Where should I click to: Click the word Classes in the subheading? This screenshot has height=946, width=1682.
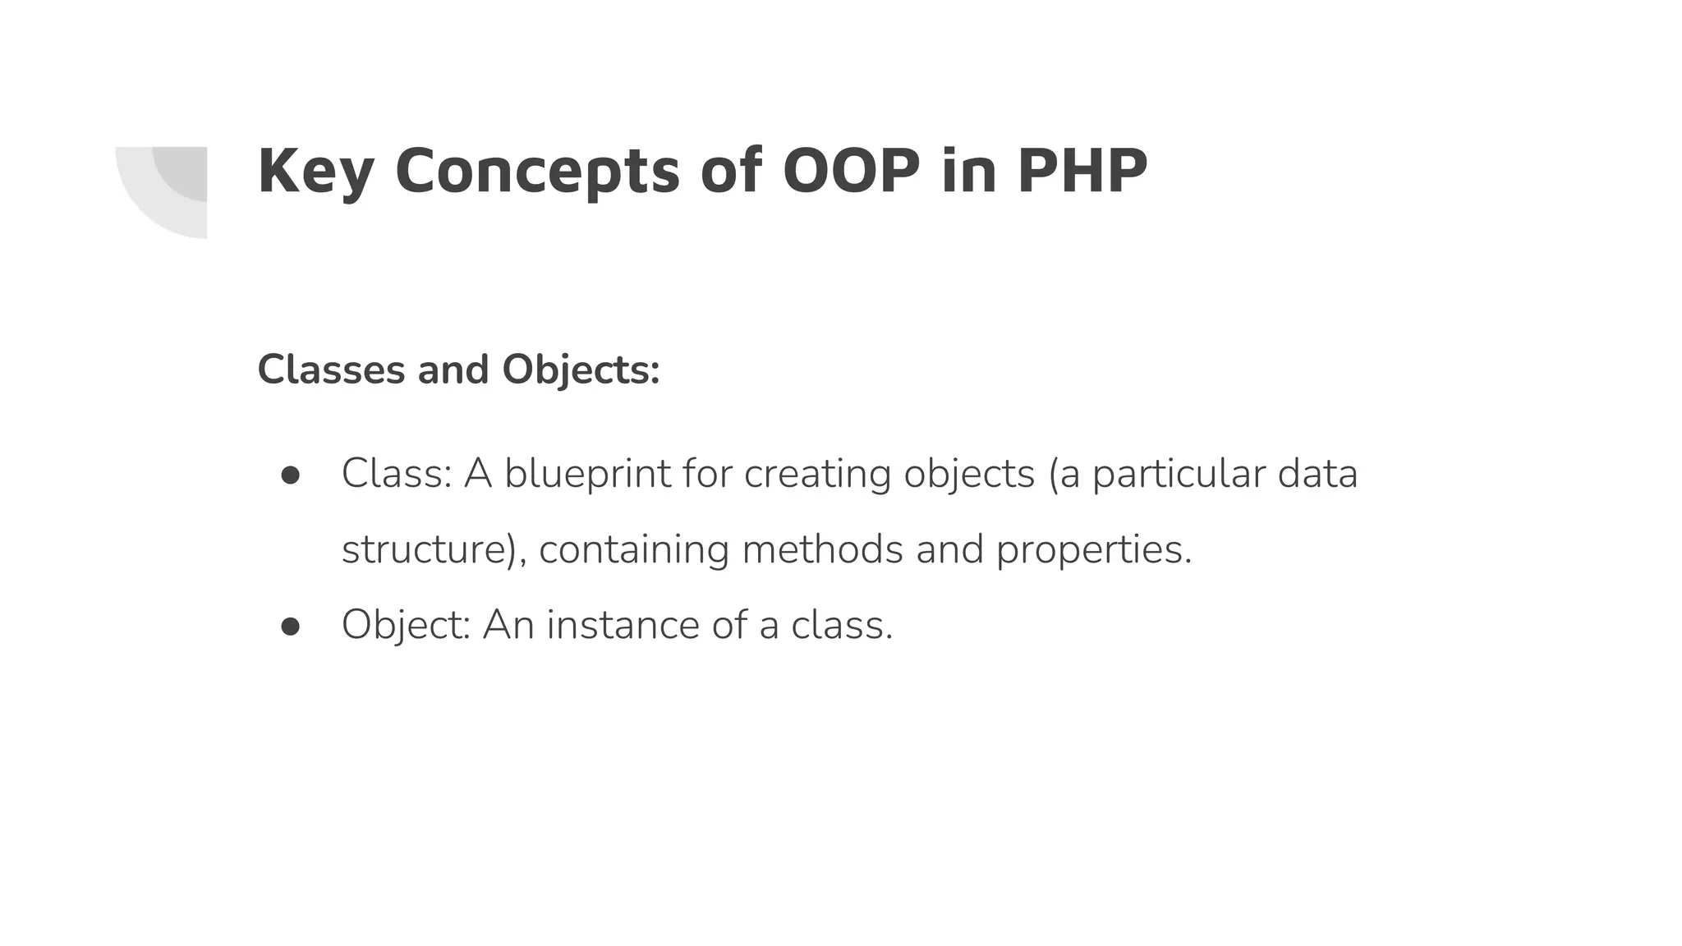pos(331,370)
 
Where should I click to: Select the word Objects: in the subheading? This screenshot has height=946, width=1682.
pos(581,370)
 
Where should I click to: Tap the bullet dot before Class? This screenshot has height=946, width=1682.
pos(291,475)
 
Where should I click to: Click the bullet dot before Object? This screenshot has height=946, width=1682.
pos(291,627)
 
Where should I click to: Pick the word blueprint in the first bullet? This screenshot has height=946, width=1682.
pos(587,474)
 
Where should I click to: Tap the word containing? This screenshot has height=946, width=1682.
pos(634,549)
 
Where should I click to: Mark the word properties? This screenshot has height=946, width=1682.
pos(1093,549)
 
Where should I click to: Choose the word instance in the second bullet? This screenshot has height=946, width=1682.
pos(623,625)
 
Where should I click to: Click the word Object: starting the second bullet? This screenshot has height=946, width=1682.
pos(406,625)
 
